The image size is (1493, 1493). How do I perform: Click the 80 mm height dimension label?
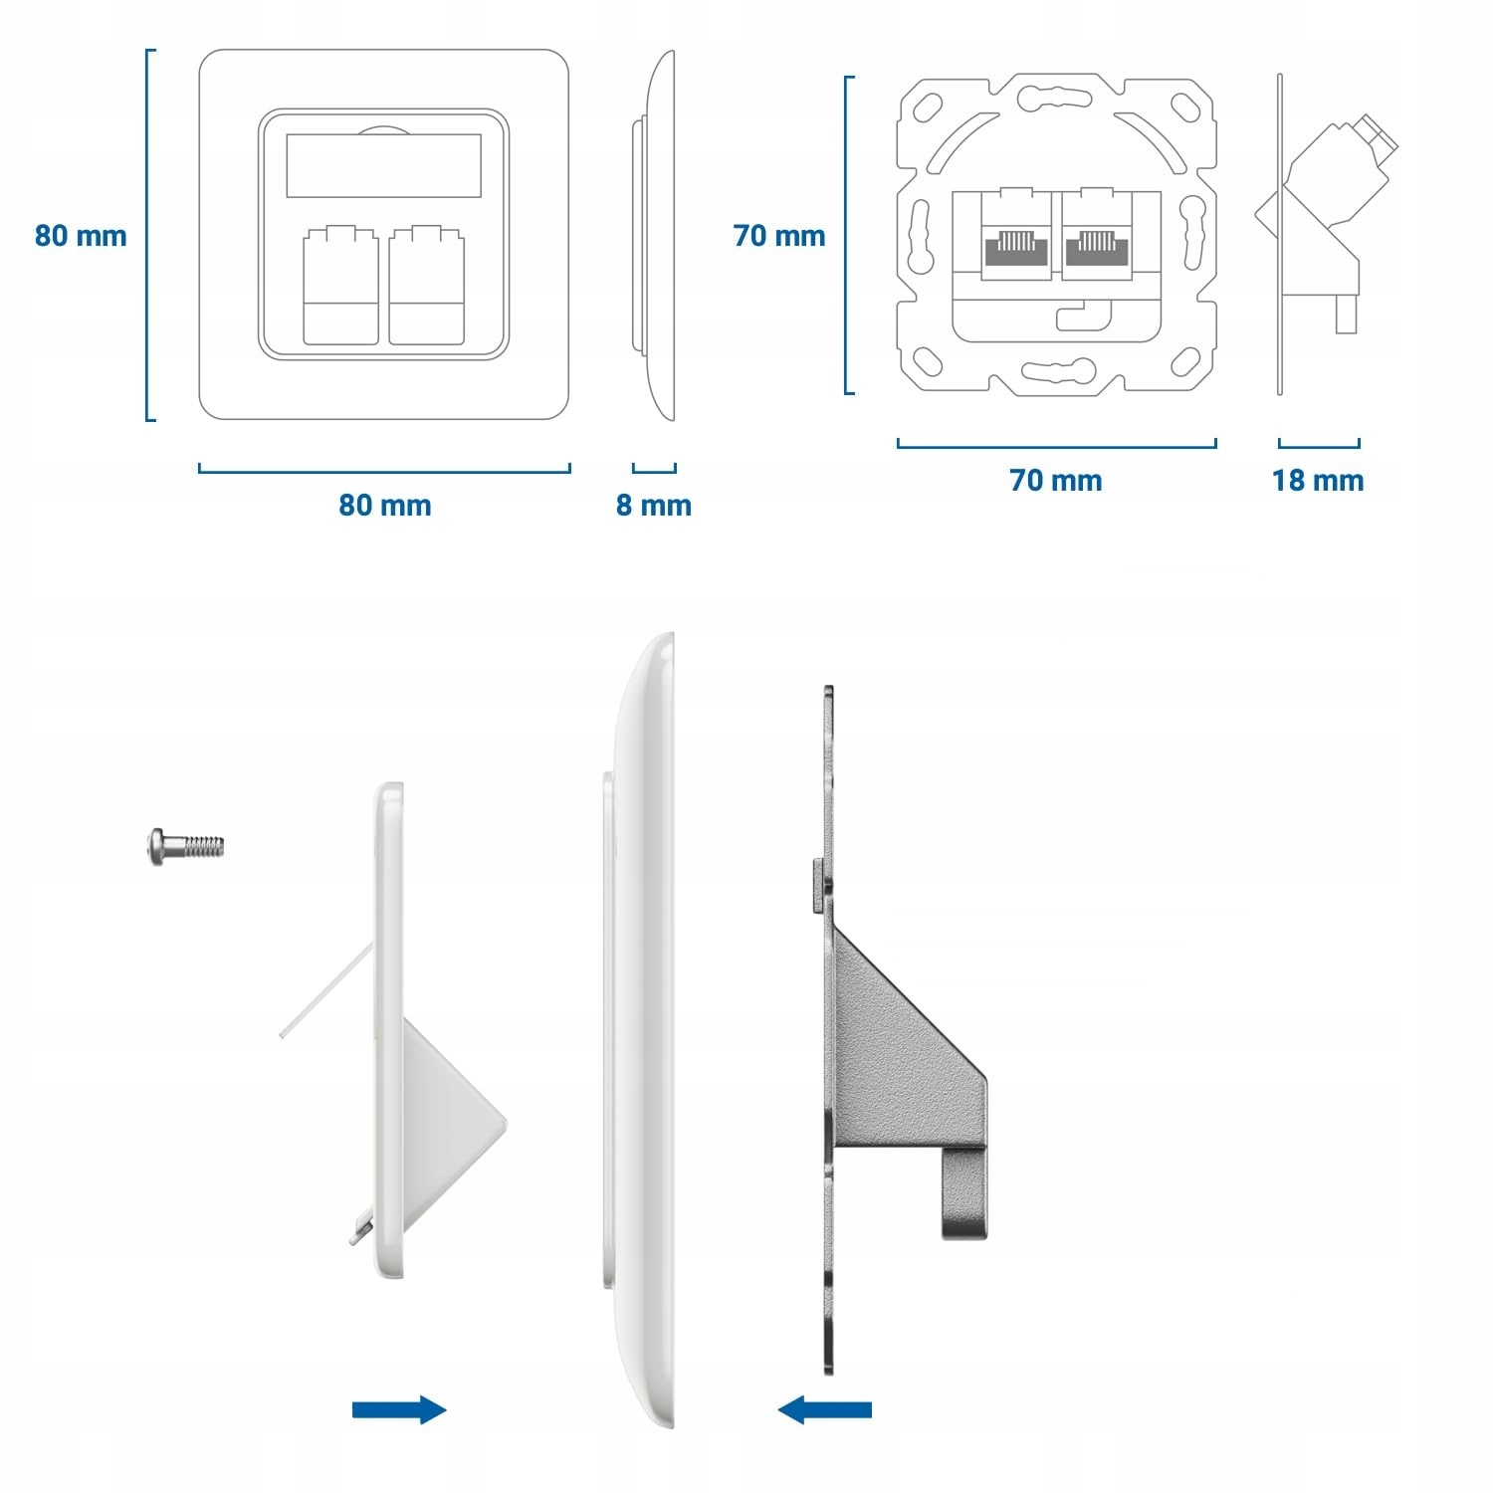pyautogui.click(x=81, y=236)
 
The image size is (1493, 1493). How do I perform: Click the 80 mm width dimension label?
pyautogui.click(x=384, y=505)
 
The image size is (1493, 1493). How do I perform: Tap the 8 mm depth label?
pyautogui.click(x=653, y=505)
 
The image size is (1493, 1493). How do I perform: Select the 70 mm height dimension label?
pyautogui.click(x=779, y=236)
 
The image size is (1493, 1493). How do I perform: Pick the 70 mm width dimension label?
pyautogui.click(x=1056, y=481)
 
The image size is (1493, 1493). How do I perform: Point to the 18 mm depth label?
pyautogui.click(x=1318, y=481)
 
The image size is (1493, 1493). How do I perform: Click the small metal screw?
pyautogui.click(x=186, y=847)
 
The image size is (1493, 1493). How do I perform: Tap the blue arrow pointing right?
pyautogui.click(x=399, y=1409)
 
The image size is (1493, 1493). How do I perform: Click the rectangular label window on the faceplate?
pyautogui.click(x=383, y=165)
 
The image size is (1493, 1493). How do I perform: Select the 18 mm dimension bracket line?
pyautogui.click(x=1319, y=445)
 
